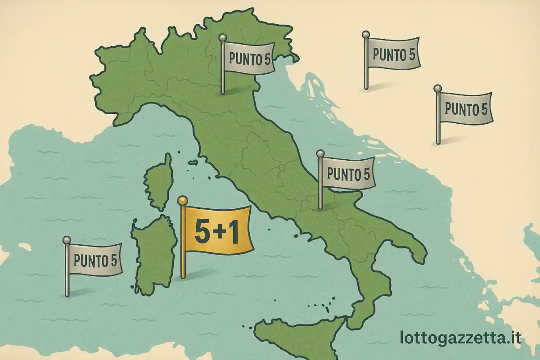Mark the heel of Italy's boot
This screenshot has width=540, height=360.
click(421, 256)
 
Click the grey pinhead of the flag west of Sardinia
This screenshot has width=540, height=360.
click(67, 239)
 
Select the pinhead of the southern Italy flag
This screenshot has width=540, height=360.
click(320, 154)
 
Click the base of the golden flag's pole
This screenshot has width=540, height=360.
click(183, 277)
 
